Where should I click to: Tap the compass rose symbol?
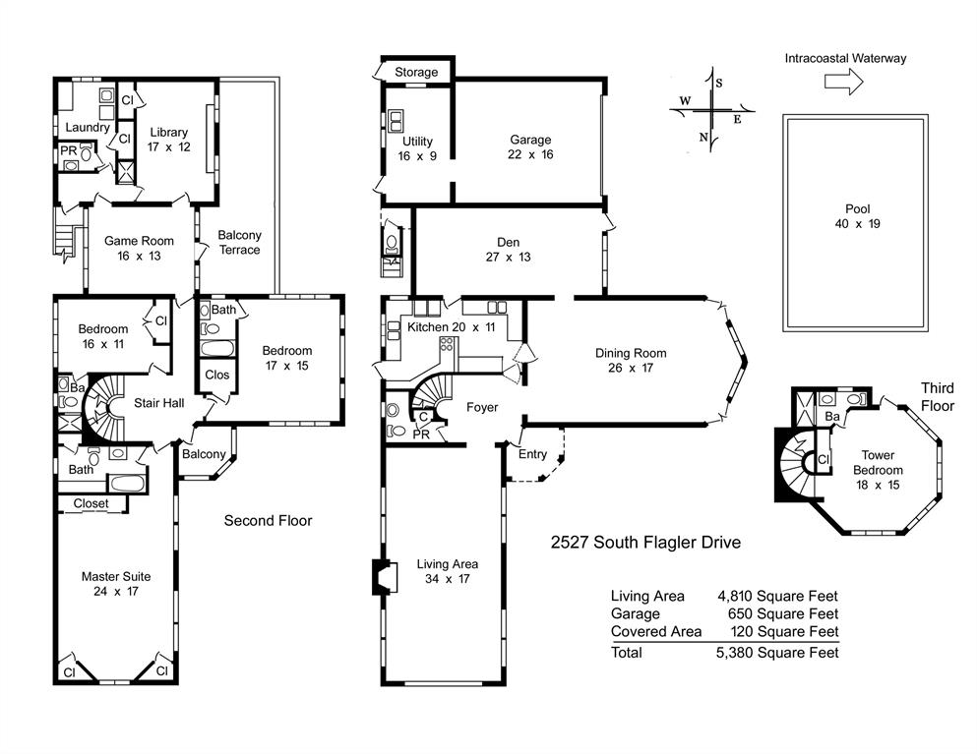click(x=711, y=110)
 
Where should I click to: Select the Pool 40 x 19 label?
click(x=855, y=216)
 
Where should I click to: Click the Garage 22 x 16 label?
click(x=529, y=147)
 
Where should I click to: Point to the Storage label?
click(x=416, y=73)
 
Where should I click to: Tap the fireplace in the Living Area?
click(x=380, y=577)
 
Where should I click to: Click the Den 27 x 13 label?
click(x=508, y=250)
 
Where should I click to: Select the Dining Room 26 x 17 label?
click(x=630, y=361)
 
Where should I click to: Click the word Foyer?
click(x=481, y=407)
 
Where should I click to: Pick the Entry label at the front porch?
click(x=532, y=454)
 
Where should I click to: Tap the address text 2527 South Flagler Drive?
click(x=644, y=543)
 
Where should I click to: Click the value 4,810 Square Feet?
click(x=778, y=596)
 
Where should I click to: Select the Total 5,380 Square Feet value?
click(x=778, y=652)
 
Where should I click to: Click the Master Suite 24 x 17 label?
click(x=116, y=584)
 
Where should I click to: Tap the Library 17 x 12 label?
click(x=169, y=140)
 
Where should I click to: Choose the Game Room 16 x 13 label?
click(x=139, y=248)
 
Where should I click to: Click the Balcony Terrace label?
click(x=239, y=242)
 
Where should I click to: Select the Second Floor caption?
click(x=268, y=520)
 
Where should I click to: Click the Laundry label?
click(x=87, y=128)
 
